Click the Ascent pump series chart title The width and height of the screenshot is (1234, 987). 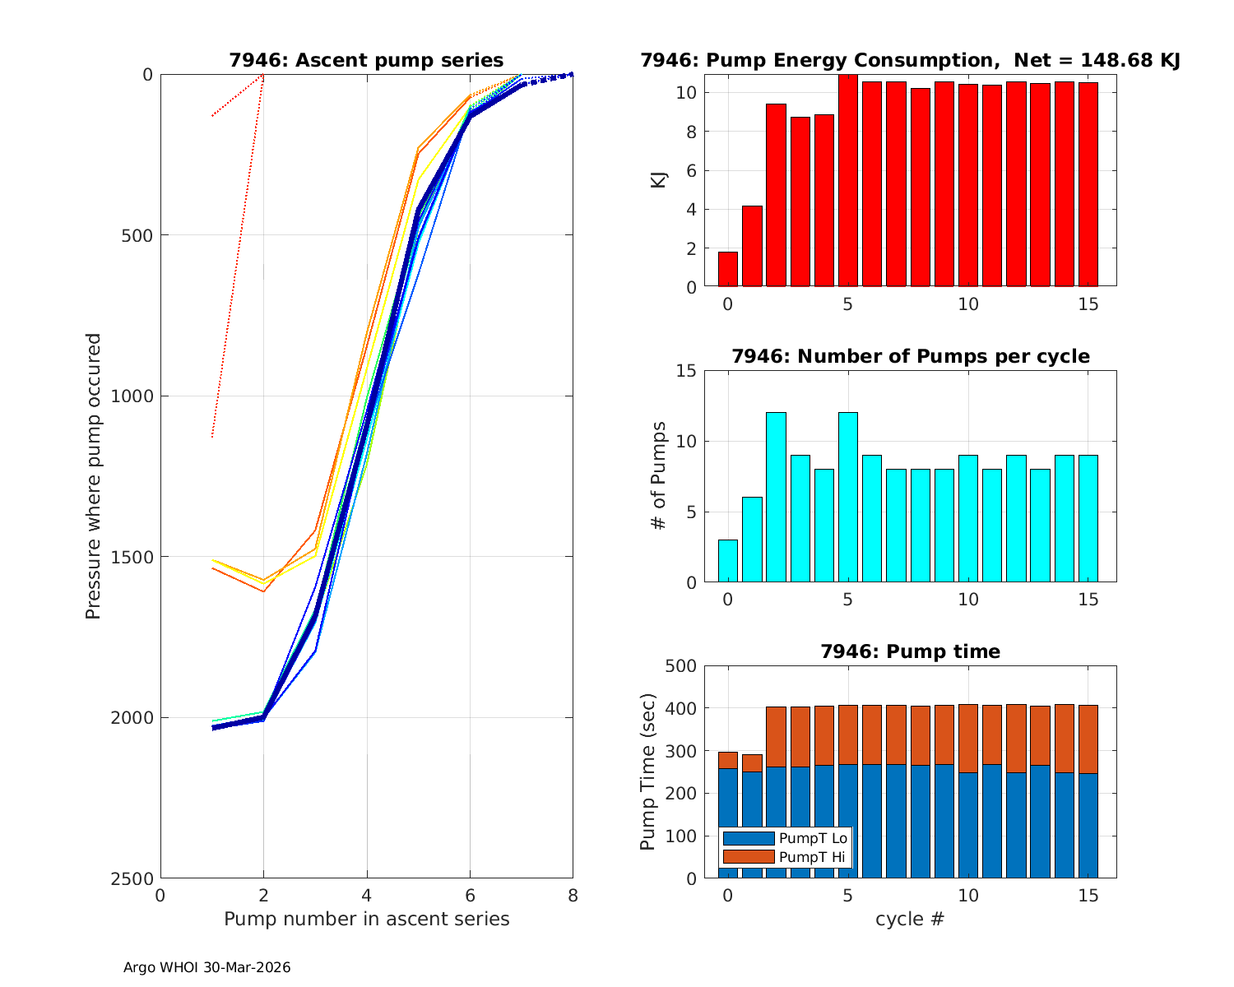point(366,60)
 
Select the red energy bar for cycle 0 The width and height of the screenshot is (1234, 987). point(728,270)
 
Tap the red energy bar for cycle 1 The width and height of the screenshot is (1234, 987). point(752,247)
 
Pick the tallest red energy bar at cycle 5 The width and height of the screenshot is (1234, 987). point(848,181)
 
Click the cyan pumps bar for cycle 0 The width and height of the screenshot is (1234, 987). point(728,562)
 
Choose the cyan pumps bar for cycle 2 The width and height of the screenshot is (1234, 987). point(776,498)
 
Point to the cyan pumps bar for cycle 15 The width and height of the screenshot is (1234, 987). point(1088,519)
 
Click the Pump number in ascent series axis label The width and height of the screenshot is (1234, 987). point(366,919)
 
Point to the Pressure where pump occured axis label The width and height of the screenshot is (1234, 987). point(93,476)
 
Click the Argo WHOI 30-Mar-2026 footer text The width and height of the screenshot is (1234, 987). point(206,967)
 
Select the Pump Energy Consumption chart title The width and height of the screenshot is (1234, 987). point(910,60)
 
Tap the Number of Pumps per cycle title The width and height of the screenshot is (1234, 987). point(910,356)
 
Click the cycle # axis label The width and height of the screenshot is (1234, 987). point(910,919)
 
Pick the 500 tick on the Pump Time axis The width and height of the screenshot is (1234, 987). point(680,665)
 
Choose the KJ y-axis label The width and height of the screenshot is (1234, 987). point(658,180)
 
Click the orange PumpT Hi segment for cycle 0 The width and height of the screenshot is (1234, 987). point(728,760)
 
